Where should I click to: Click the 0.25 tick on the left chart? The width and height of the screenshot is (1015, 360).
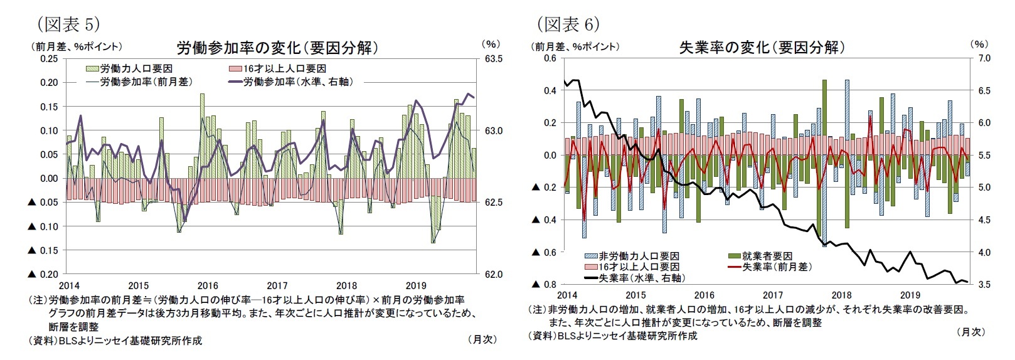[48, 58]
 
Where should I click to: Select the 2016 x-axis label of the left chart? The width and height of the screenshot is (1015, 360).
[208, 286]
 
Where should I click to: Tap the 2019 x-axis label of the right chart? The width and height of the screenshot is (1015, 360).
[910, 295]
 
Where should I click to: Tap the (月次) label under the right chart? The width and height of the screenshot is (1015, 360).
[970, 332]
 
